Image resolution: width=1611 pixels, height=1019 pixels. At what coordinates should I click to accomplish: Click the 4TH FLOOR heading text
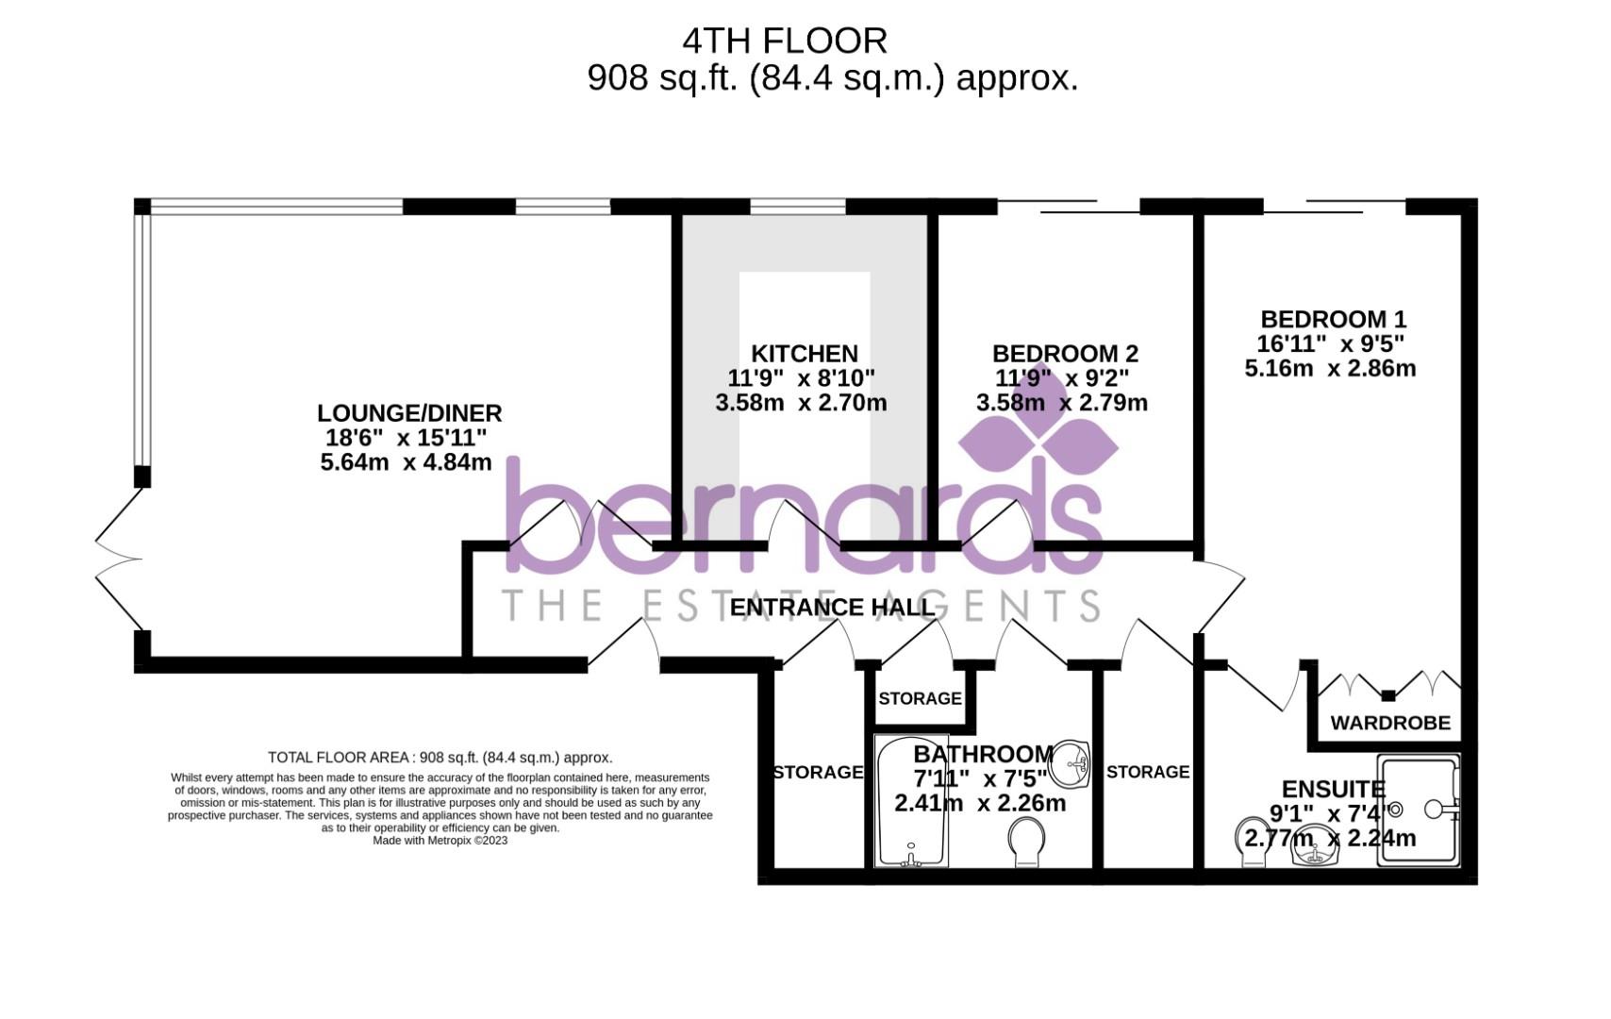coord(785,42)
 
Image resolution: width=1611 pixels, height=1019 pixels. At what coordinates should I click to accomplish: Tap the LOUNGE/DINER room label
coord(408,413)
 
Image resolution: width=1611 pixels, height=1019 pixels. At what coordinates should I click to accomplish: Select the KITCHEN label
coord(804,354)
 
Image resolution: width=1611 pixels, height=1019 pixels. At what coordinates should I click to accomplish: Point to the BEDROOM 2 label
coord(1065,354)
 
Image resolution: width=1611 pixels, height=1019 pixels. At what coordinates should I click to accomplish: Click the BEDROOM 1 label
coord(1333,319)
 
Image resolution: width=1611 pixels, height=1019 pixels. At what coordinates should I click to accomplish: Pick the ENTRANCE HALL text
coord(832,607)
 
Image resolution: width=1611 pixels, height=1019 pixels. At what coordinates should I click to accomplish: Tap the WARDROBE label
coord(1390,724)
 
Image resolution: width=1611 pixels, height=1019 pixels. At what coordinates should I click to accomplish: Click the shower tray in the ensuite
coord(1419,810)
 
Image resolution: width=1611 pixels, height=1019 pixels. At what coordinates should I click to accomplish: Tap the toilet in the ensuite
coord(1252,843)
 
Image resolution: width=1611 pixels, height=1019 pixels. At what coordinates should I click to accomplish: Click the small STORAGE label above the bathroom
coord(920,699)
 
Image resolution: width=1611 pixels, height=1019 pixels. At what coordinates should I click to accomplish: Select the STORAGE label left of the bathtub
coord(818,773)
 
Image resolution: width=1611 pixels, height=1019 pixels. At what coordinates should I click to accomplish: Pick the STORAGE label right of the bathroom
coord(1148,773)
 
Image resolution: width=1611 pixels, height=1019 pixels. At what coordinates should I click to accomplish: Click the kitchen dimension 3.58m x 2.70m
coord(801,404)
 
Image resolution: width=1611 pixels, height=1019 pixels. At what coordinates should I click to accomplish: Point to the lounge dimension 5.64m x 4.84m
coord(406,462)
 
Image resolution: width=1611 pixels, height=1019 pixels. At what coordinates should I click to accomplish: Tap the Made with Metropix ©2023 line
coord(440,841)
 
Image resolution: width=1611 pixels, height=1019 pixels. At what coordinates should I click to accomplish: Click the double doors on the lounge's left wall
coord(121,560)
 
